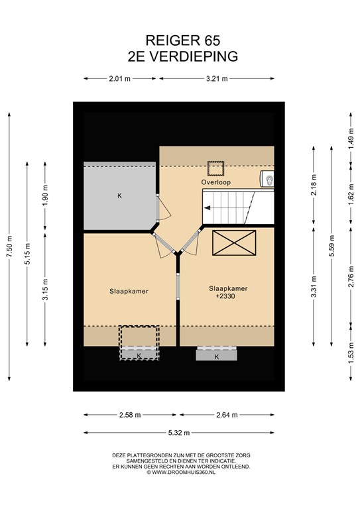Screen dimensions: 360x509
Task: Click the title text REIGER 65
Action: pyautogui.click(x=183, y=40)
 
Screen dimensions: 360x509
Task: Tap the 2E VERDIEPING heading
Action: pyautogui.click(x=183, y=56)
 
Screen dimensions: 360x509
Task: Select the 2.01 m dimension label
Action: pyautogui.click(x=120, y=79)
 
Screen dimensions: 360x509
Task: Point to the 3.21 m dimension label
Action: pyautogui.click(x=217, y=79)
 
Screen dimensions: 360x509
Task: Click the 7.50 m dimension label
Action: pyautogui.click(x=9, y=247)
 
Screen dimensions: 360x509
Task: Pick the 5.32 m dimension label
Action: pyautogui.click(x=179, y=433)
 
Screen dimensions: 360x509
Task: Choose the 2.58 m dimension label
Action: pyautogui.click(x=130, y=415)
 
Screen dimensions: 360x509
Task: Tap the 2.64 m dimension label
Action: pyautogui.click(x=227, y=415)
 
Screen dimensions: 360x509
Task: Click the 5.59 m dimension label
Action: pyautogui.click(x=331, y=246)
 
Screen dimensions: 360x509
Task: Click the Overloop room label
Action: pyautogui.click(x=216, y=182)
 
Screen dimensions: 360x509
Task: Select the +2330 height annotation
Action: pyautogui.click(x=225, y=296)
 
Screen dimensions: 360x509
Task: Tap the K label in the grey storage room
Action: pyautogui.click(x=119, y=196)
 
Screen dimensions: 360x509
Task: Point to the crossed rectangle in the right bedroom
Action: pyautogui.click(x=234, y=243)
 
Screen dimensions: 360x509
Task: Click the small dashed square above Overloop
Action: pyautogui.click(x=216, y=168)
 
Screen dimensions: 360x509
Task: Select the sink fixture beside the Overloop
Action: pyautogui.click(x=267, y=179)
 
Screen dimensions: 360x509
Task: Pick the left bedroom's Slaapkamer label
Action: pyautogui.click(x=129, y=291)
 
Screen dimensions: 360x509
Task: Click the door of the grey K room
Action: pyautogui.click(x=163, y=208)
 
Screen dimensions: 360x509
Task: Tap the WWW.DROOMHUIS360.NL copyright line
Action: pyautogui.click(x=181, y=473)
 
